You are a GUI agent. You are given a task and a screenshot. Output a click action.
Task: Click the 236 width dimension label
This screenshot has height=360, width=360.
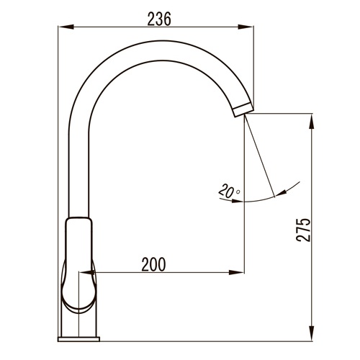tap(159, 19)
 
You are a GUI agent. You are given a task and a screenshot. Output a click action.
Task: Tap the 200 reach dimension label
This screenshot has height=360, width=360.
tap(153, 264)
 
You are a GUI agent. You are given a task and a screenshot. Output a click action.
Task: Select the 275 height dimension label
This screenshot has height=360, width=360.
tap(303, 230)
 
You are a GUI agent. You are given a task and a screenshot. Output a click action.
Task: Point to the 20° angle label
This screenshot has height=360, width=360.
tap(229, 191)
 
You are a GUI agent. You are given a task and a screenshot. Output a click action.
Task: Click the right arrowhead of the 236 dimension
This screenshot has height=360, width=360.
tap(246, 27)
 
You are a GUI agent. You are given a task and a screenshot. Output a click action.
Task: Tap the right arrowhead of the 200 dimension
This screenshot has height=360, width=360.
tap(236, 272)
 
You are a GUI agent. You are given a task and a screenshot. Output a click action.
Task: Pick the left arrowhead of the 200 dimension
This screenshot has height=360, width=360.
tap(86, 272)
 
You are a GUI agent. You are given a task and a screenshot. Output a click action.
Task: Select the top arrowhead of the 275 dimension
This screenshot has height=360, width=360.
tap(311, 122)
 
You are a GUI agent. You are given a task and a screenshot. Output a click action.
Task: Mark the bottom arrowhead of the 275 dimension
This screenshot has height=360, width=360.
tap(311, 333)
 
